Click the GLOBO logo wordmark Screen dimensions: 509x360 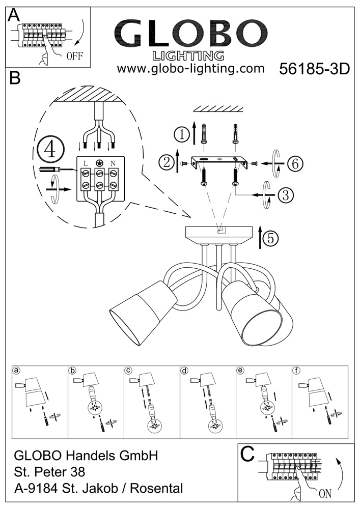(x=190, y=34)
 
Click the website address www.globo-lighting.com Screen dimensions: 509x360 (x=190, y=68)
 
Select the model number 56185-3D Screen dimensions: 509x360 (x=315, y=70)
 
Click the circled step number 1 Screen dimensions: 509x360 (x=181, y=134)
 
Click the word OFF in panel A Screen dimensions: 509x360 (x=74, y=56)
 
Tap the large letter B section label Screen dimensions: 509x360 (x=15, y=79)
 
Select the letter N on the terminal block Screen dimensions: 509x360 (x=112, y=162)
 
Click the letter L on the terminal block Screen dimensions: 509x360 (x=85, y=162)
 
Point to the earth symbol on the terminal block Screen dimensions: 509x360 (x=99, y=162)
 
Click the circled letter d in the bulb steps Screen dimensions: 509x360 (x=185, y=371)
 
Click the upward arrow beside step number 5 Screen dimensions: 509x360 (x=260, y=238)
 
